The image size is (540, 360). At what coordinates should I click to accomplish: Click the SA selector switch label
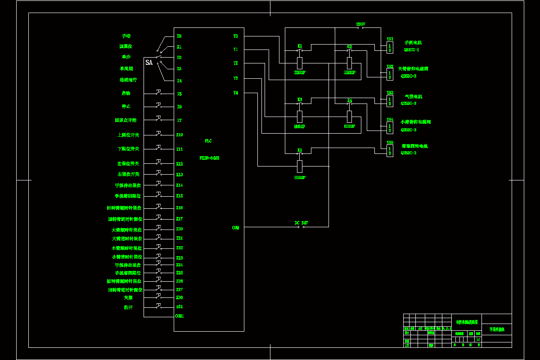(149, 63)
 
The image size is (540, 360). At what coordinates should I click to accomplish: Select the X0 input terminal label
(179, 36)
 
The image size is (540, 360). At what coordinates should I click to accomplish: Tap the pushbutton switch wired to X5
(159, 93)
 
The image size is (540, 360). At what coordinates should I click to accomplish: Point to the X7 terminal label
(179, 120)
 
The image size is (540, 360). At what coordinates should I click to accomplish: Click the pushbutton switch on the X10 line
(159, 134)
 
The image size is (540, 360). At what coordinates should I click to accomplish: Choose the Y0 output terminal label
(235, 36)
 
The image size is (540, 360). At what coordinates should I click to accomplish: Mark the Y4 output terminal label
(235, 93)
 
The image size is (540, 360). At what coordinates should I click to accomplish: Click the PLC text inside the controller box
(208, 141)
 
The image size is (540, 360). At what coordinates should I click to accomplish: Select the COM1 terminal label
(179, 316)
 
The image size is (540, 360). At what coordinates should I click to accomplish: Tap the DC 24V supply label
(301, 223)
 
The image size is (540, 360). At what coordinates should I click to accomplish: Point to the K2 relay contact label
(350, 46)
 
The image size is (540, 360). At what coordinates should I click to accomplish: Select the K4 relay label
(350, 100)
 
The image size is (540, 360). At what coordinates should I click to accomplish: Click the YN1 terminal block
(390, 47)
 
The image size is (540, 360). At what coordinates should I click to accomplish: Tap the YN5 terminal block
(390, 151)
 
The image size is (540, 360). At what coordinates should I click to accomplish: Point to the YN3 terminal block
(390, 101)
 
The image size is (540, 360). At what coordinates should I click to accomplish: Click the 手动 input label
(126, 36)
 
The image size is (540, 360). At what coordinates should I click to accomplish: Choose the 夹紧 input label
(128, 297)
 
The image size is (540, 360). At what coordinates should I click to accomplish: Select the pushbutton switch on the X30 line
(159, 296)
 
